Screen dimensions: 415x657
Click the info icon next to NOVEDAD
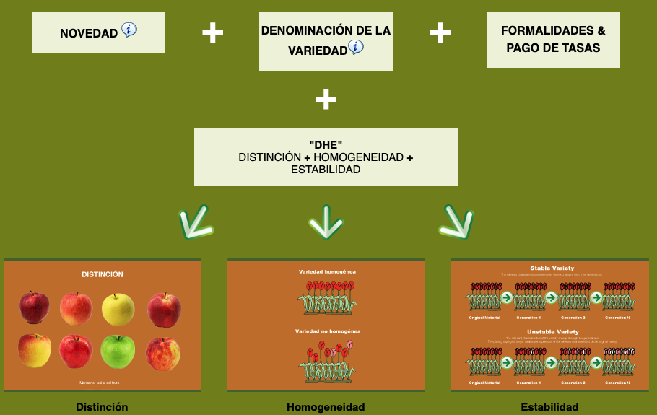pos(129,30)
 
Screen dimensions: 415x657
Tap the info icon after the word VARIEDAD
pos(356,48)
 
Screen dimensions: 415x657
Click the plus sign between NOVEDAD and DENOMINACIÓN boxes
pos(212,32)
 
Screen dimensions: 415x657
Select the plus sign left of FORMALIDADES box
pos(440,32)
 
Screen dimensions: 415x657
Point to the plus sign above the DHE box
pos(326,99)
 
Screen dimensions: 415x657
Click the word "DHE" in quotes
pos(326,145)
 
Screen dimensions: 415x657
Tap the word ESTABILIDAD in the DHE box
pos(326,170)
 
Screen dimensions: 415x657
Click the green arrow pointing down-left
pos(196,224)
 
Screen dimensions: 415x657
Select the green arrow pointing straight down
pos(326,223)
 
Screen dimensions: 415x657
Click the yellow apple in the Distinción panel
pos(118,309)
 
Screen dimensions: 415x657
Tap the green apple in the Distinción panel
pos(118,351)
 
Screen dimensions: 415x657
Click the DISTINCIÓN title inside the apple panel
pos(103,274)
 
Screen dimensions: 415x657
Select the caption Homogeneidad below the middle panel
pos(326,407)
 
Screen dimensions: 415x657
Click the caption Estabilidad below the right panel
pos(549,407)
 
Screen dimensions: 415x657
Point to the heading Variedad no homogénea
pos(327,331)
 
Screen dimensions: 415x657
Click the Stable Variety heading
pos(550,268)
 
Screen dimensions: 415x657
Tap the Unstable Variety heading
pos(550,330)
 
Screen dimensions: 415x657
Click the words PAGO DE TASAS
pos(553,48)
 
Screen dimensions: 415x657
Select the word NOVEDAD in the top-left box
pos(89,33)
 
